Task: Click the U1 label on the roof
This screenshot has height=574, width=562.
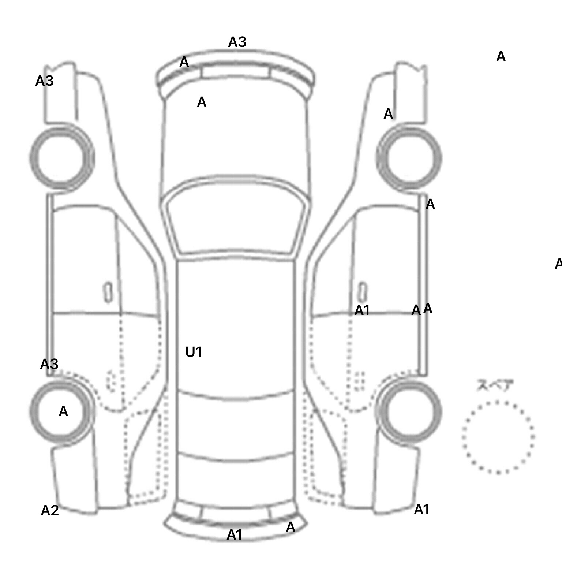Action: [x=194, y=352]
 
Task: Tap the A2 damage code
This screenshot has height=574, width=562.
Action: [x=50, y=511]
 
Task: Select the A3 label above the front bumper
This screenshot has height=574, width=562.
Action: [x=237, y=42]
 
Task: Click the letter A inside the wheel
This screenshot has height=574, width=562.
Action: [x=63, y=412]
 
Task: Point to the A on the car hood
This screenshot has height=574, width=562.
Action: [x=202, y=102]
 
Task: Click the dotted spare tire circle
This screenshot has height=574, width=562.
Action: [x=498, y=437]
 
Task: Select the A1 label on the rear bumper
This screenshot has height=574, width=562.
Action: [x=234, y=535]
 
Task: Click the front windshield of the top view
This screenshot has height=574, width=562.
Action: [x=236, y=220]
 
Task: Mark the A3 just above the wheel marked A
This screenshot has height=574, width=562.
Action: [x=49, y=364]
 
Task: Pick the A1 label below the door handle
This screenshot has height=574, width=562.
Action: [x=362, y=311]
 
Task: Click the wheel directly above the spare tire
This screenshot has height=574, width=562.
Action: [x=409, y=411]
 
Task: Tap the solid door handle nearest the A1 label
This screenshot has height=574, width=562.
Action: [x=362, y=292]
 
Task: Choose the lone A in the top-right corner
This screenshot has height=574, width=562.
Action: [x=501, y=57]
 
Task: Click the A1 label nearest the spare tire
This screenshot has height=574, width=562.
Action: [x=421, y=510]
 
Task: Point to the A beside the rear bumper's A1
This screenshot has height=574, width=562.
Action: [x=290, y=528]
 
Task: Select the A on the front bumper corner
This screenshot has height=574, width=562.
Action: [x=184, y=62]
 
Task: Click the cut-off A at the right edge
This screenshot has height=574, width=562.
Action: [x=558, y=264]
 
